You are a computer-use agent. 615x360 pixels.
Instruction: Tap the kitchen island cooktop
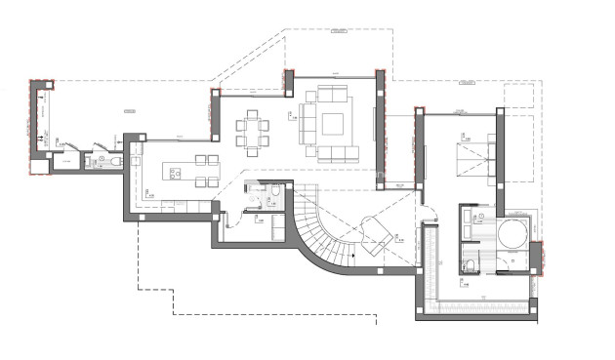176,175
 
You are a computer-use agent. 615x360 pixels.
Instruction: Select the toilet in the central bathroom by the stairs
274,194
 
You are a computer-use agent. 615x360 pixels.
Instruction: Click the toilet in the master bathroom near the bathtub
470,262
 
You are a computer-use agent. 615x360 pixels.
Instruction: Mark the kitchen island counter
181,174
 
